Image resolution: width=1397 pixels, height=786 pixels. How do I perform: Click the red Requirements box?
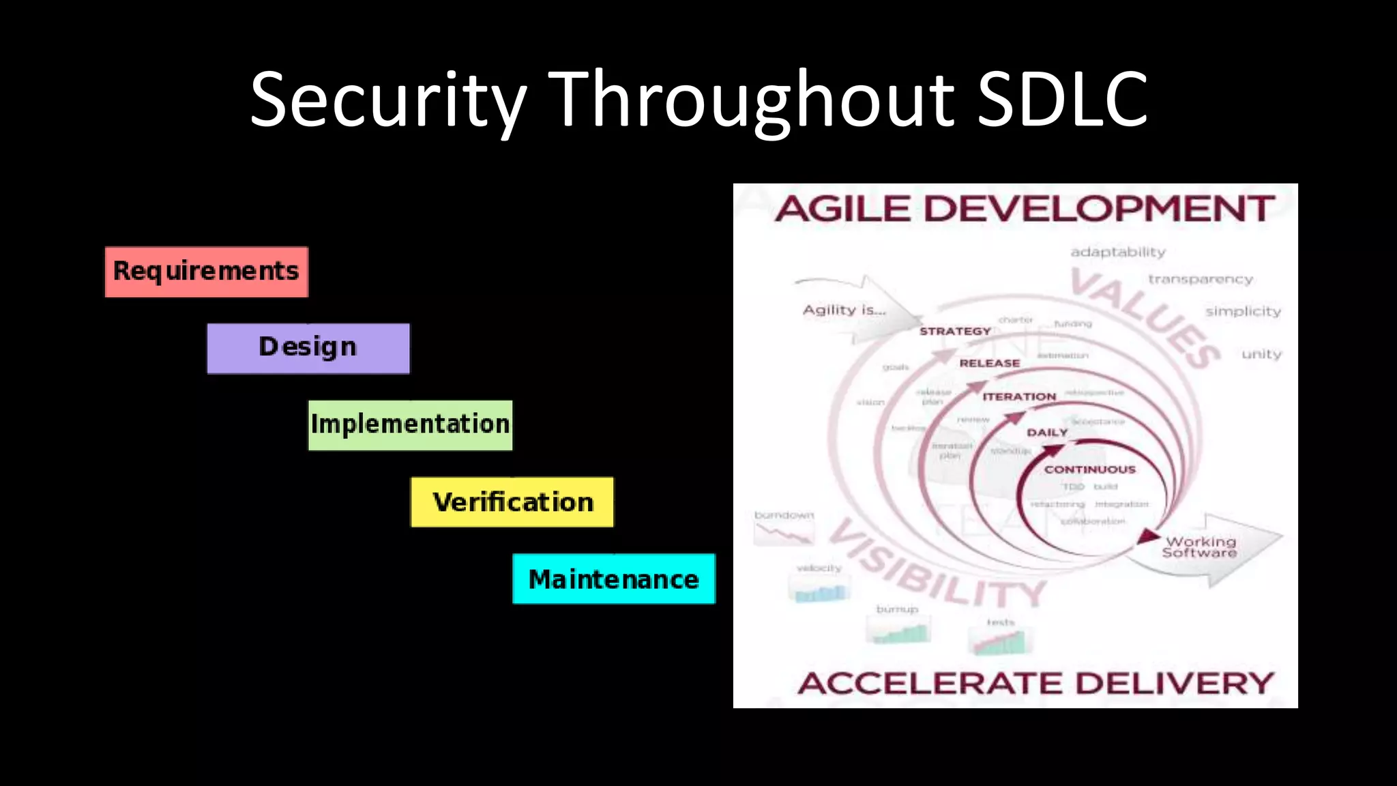(x=206, y=272)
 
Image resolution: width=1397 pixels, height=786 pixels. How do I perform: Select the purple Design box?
(x=308, y=348)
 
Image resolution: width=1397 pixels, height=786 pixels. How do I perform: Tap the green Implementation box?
(x=410, y=424)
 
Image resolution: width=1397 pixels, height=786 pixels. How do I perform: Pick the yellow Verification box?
(x=512, y=502)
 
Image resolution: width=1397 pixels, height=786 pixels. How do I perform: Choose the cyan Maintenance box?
(x=613, y=579)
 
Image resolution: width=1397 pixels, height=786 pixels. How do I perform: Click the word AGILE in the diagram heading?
(x=842, y=209)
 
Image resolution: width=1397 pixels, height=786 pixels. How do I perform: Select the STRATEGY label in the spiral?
(x=955, y=332)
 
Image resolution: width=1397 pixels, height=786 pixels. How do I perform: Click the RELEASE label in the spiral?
(x=989, y=364)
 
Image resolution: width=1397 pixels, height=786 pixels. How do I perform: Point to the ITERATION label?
(x=1019, y=396)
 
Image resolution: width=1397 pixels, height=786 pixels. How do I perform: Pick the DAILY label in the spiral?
(x=1047, y=433)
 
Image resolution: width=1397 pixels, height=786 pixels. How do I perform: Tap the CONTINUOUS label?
(x=1089, y=469)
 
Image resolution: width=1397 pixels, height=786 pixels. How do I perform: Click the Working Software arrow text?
(x=1200, y=547)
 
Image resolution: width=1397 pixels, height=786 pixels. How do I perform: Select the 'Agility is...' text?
(x=844, y=310)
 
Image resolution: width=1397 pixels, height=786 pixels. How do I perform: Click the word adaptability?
(x=1118, y=252)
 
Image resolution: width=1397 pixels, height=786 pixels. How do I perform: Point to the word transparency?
(x=1201, y=280)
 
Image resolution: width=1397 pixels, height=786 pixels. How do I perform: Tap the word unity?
(x=1261, y=354)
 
